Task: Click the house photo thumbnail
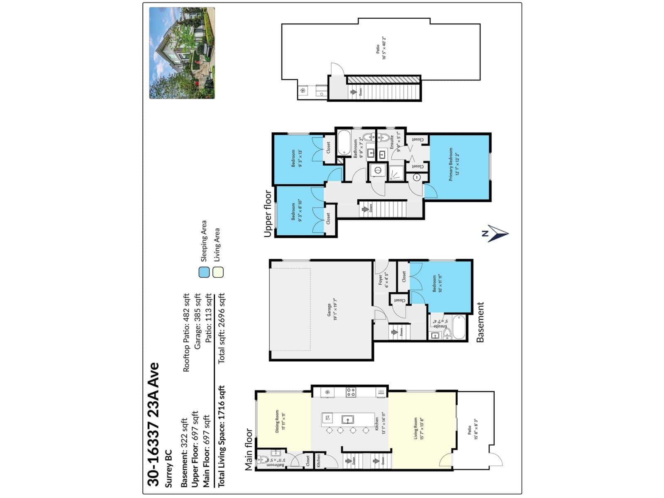(x=182, y=53)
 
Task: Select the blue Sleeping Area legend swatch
(x=204, y=272)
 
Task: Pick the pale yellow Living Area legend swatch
(x=218, y=272)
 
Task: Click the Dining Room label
(x=280, y=422)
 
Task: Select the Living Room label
(x=418, y=429)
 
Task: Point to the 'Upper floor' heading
(x=268, y=214)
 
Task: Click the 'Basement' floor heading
(x=480, y=322)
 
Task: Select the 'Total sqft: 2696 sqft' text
(x=221, y=328)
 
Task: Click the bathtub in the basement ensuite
(x=459, y=327)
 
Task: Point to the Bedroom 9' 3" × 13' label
(x=296, y=158)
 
